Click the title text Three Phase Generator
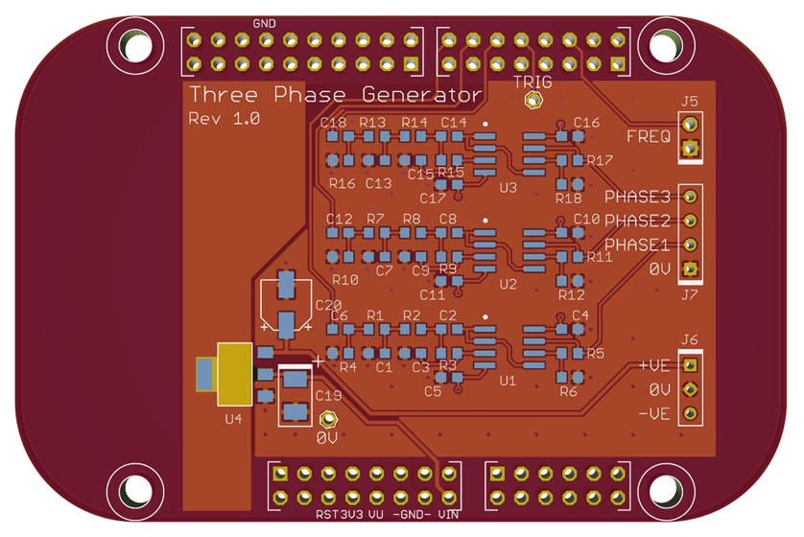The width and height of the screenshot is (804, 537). tap(335, 95)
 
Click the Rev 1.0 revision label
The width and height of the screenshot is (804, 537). tap(218, 119)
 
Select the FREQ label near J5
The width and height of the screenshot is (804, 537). tap(649, 136)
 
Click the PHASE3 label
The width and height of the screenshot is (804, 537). tap(637, 198)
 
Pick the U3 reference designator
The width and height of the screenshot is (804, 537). tap(508, 187)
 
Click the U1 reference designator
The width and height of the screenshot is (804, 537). tap(508, 381)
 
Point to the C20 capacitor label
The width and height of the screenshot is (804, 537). tap(328, 305)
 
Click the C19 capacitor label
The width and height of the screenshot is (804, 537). tap(328, 395)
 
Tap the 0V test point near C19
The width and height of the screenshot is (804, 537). tap(328, 420)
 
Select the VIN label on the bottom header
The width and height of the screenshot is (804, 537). tap(447, 515)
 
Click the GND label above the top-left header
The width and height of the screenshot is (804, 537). tap(265, 23)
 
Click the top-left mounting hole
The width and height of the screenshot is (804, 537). tap(130, 43)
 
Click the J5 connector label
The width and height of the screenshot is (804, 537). tap(689, 102)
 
